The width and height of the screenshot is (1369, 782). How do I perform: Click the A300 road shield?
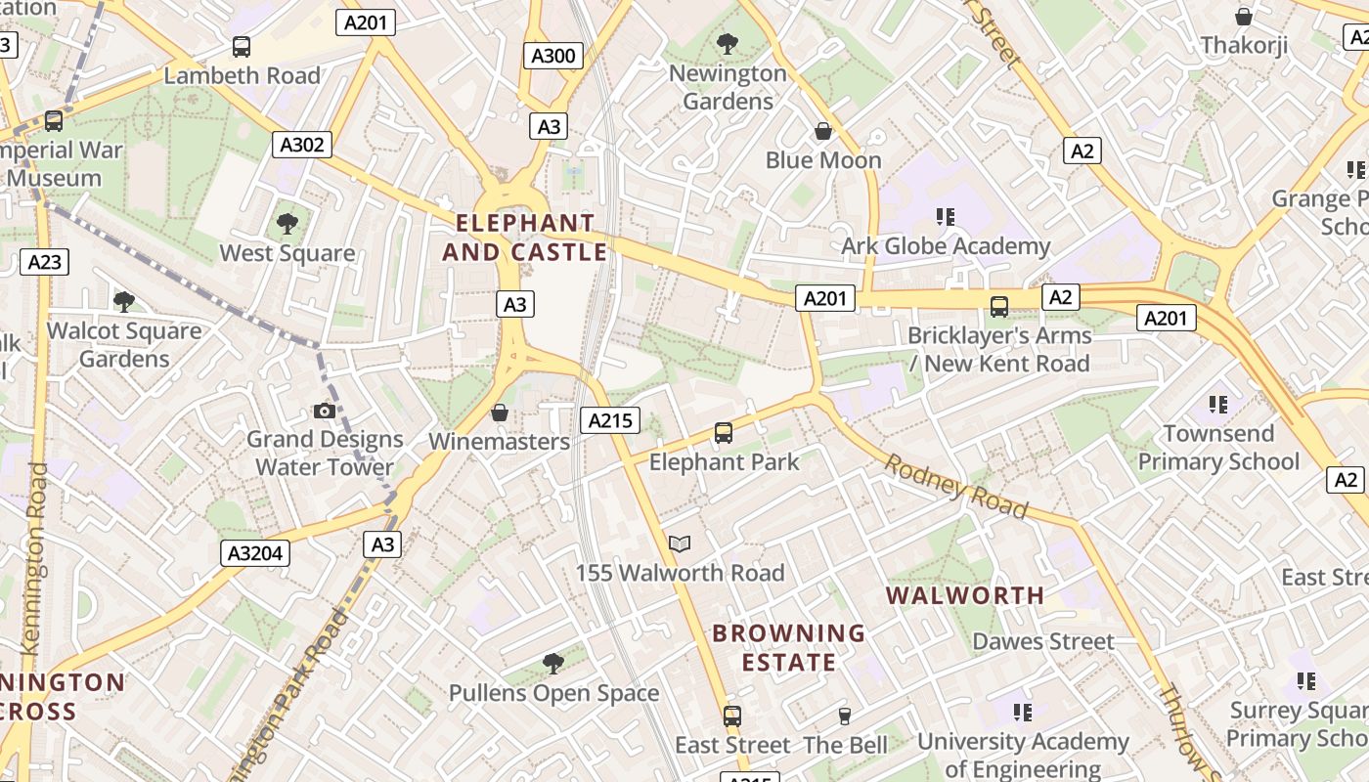552,56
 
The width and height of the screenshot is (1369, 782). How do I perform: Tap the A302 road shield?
301,145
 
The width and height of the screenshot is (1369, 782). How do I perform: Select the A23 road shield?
44,261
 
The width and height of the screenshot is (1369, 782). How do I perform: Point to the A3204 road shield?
255,553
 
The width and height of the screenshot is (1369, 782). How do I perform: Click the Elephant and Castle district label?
525,238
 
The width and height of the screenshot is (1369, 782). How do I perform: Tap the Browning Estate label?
788,647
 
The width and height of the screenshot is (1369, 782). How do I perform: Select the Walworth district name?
964,594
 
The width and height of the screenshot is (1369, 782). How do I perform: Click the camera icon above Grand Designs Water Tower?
325,411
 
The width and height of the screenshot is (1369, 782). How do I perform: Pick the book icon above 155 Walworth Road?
680,543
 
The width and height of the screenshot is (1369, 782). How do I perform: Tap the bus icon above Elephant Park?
724,432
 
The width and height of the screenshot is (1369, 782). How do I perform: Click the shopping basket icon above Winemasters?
500,413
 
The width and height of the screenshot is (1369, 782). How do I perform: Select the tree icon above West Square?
287,224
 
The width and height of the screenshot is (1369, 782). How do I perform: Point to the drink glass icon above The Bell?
845,717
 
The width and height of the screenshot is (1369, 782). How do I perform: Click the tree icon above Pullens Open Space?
553,664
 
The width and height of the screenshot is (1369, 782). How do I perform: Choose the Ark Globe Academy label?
946,245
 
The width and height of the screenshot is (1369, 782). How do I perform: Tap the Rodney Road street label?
956,486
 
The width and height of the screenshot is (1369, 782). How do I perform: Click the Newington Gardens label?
728,87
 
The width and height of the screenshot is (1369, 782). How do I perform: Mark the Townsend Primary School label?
1218,447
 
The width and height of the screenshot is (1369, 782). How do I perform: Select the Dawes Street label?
1043,641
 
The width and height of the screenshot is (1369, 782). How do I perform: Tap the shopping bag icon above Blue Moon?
823,131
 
